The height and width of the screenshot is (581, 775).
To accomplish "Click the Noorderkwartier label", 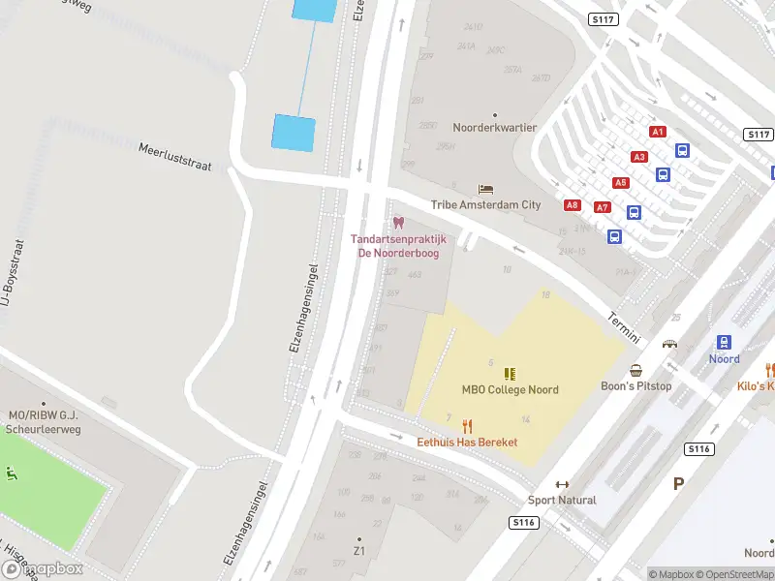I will [495, 127].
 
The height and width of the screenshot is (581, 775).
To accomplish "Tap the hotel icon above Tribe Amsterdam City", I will [486, 189].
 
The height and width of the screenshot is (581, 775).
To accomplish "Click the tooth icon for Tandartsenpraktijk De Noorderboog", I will [397, 224].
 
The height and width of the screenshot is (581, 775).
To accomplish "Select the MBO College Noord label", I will [510, 389].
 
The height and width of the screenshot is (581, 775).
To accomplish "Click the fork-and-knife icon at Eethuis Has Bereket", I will [467, 426].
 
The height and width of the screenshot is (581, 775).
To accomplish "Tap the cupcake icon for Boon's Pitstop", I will [636, 371].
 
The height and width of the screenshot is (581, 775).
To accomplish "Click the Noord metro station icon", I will [724, 342].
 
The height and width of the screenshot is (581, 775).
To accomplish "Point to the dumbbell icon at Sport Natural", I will [562, 484].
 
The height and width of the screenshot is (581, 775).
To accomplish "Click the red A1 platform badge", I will [658, 131].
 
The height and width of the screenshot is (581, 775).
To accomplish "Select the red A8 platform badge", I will [573, 204].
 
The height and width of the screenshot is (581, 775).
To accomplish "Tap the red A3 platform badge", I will [638, 156].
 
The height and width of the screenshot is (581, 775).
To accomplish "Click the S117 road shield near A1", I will [759, 134].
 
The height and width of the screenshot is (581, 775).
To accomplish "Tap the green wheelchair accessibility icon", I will [12, 474].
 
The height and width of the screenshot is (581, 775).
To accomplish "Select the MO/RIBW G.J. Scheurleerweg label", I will [43, 421].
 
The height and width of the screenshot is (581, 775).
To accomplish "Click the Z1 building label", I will [358, 550].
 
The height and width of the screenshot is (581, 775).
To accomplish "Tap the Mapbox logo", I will [42, 569].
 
